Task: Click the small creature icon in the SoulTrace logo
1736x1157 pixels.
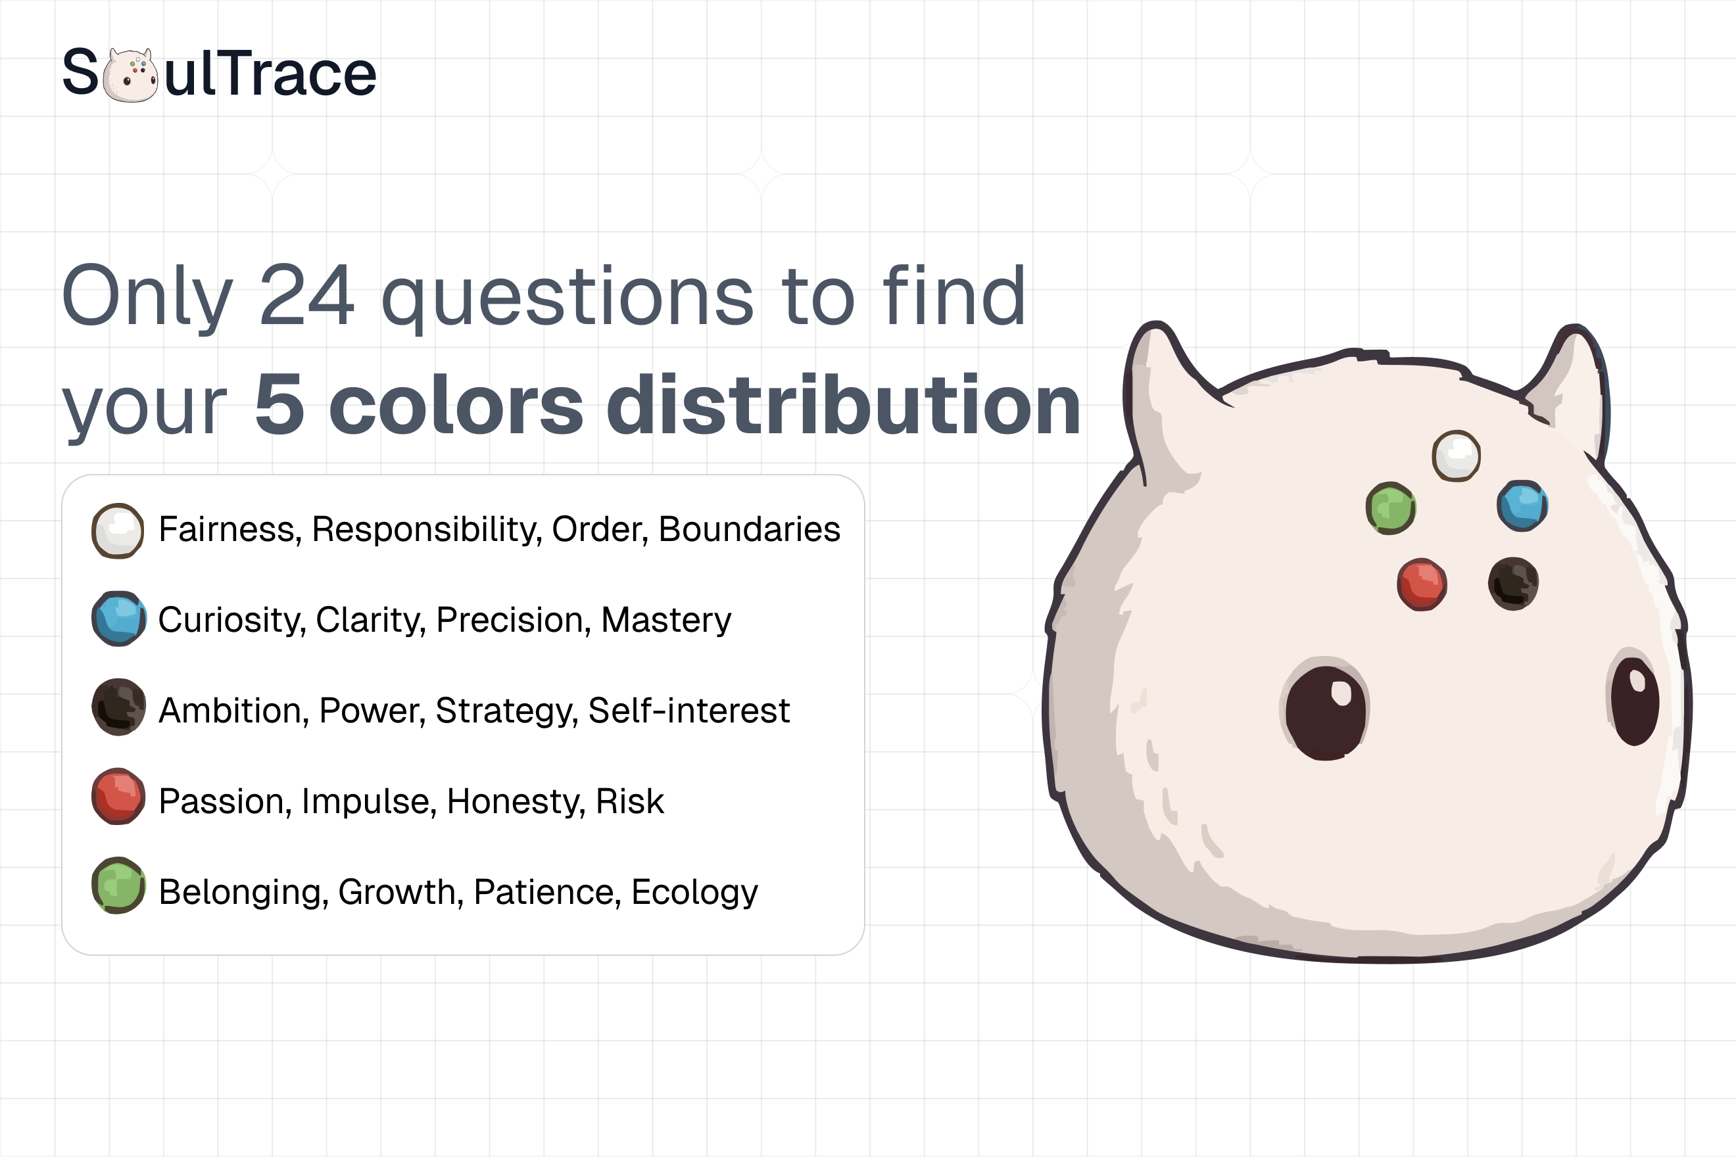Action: [130, 74]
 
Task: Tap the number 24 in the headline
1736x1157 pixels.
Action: [306, 296]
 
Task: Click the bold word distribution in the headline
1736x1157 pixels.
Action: [844, 405]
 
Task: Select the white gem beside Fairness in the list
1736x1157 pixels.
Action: [117, 531]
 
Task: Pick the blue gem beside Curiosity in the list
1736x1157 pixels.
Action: [118, 619]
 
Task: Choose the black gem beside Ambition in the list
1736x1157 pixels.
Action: [118, 707]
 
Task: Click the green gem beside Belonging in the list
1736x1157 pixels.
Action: [118, 885]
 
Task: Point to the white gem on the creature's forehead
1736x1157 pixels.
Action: [1457, 456]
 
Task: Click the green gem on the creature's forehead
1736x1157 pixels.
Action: [1391, 508]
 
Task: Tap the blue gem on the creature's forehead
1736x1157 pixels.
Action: [1522, 506]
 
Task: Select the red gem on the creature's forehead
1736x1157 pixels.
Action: [1422, 584]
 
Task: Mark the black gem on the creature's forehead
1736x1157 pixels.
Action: [1513, 584]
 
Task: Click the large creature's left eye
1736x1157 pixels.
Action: [1326, 711]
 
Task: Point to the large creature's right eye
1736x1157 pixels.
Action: [1635, 700]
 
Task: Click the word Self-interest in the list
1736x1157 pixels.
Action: [688, 711]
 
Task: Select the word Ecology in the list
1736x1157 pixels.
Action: [694, 892]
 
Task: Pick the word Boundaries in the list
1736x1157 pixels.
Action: [749, 529]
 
